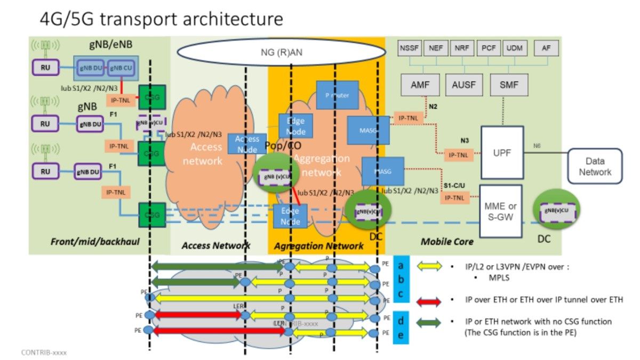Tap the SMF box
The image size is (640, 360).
click(508, 84)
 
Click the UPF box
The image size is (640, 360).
click(502, 153)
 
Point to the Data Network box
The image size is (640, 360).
click(595, 166)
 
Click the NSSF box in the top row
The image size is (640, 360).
click(410, 48)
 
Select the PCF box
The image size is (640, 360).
click(487, 48)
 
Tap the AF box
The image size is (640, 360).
click(546, 48)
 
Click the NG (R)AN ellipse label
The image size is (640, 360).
click(281, 52)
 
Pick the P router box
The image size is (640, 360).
click(333, 95)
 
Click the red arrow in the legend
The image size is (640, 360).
click(429, 301)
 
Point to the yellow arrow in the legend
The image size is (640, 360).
click(429, 266)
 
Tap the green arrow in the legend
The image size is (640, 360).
click(429, 323)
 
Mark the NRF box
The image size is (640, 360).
click(461, 48)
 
